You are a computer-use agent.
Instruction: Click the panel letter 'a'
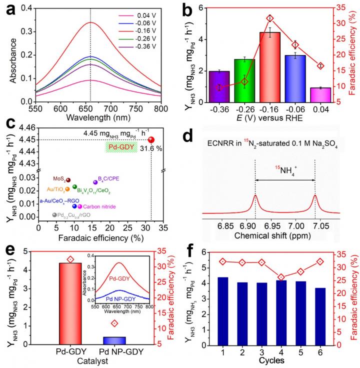click(x=10, y=9)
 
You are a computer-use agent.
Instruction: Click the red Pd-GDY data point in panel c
click(x=151, y=140)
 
